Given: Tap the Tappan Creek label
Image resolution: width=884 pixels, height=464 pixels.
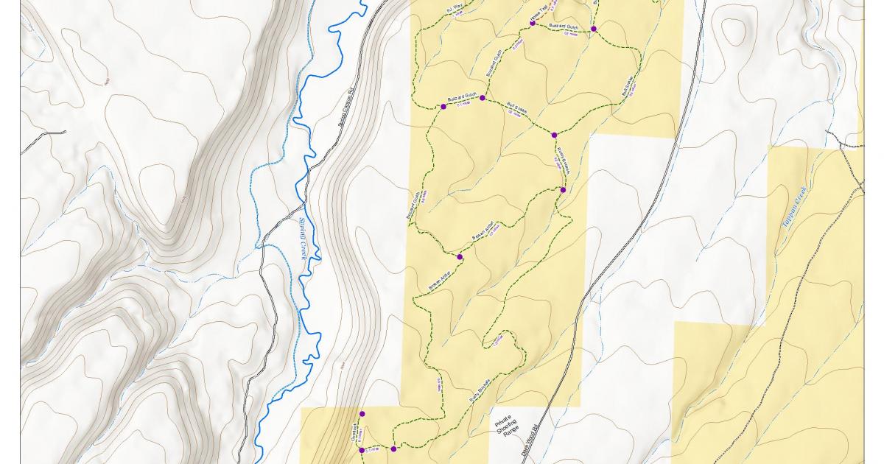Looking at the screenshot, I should pos(795,207).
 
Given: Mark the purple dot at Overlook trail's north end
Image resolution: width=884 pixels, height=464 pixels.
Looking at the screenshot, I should pos(362,413).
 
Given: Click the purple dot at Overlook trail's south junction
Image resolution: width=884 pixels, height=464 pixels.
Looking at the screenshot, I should pos(362,450).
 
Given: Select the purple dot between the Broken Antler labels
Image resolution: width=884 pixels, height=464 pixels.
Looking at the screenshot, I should pos(460,257).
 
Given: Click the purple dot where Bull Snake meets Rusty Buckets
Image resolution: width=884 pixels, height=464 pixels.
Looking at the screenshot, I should pos(554,135).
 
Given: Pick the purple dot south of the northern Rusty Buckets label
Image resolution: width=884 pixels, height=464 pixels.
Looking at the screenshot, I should pos(563,190).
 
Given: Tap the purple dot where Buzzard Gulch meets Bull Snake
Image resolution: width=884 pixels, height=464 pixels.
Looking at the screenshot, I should pos(483,98).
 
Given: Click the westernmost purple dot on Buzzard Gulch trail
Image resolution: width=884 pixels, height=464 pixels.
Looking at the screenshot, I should pos(443,107).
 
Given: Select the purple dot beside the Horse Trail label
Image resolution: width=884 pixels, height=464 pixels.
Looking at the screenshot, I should pos(532,24).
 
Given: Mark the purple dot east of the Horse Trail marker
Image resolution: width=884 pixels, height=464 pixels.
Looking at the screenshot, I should pos(593,29).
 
